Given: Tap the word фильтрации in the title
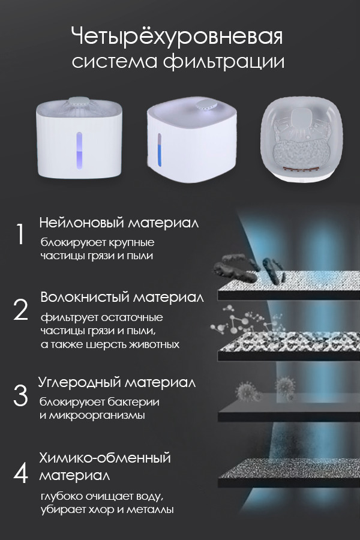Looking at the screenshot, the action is pos(224,62).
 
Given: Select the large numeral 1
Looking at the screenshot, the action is pos(20,234).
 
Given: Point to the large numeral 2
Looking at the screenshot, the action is pos(20,310).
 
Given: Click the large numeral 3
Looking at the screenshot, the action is pos(20,395).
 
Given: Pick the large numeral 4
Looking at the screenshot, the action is pos(20,473).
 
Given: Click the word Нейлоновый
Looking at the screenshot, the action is pos(82,223).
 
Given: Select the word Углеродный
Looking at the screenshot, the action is pos(79,383).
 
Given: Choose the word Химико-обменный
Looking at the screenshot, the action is pos(105,458).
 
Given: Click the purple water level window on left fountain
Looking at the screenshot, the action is pos(79,151).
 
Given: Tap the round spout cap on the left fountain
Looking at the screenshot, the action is pos(79,101).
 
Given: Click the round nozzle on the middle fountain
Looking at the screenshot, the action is pos(205,104).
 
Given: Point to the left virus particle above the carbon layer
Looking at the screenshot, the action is pos(247,391).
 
